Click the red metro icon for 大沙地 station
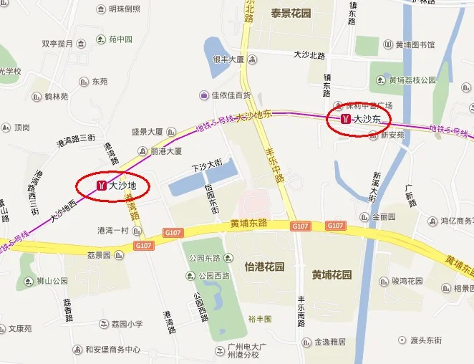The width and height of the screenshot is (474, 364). [x=102, y=186]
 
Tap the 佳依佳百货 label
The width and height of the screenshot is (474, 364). [x=231, y=95]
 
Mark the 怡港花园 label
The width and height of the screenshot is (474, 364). [x=264, y=267]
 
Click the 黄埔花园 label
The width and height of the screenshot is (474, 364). [x=332, y=274]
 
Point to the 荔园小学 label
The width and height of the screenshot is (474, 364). [x=127, y=324]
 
